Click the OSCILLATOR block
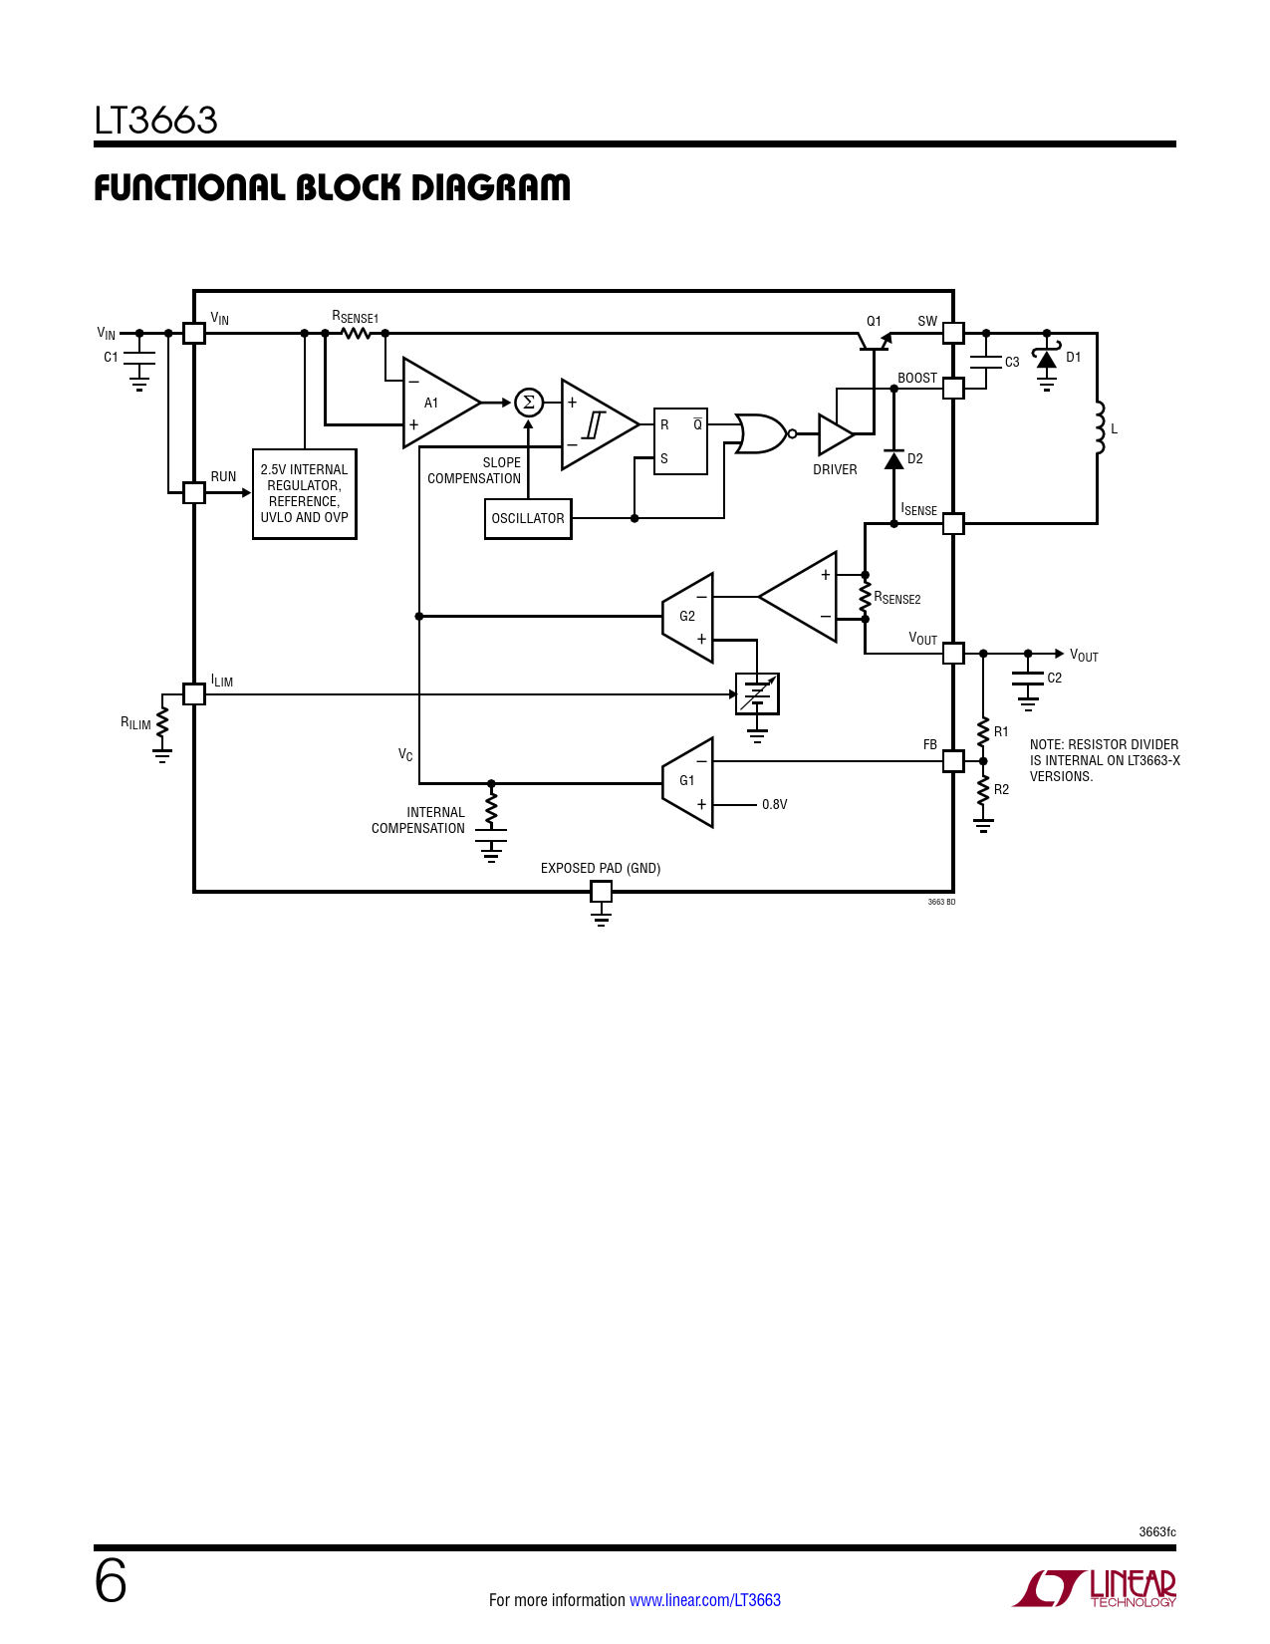pyautogui.click(x=528, y=518)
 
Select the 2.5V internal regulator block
pyautogui.click(x=304, y=493)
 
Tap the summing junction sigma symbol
pyautogui.click(x=529, y=403)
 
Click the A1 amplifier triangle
pyautogui.click(x=437, y=403)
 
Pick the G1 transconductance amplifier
pyautogui.click(x=687, y=782)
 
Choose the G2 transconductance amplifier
pyautogui.click(x=687, y=618)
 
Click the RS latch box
pyautogui.click(x=680, y=441)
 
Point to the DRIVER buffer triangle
pyautogui.click(x=836, y=434)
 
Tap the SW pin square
pyautogui.click(x=953, y=333)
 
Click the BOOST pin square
pyautogui.click(x=953, y=389)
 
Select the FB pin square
pyautogui.click(x=953, y=761)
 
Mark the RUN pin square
pyautogui.click(x=194, y=493)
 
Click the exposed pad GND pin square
pyautogui.click(x=602, y=892)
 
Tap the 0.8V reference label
pyautogui.click(x=775, y=805)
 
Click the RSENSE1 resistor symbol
pyautogui.click(x=356, y=333)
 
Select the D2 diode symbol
pyautogui.click(x=894, y=459)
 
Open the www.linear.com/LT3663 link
pyautogui.click(x=705, y=1600)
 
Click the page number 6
pyautogui.click(x=111, y=1581)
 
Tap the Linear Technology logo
pyautogui.click(x=1094, y=1587)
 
